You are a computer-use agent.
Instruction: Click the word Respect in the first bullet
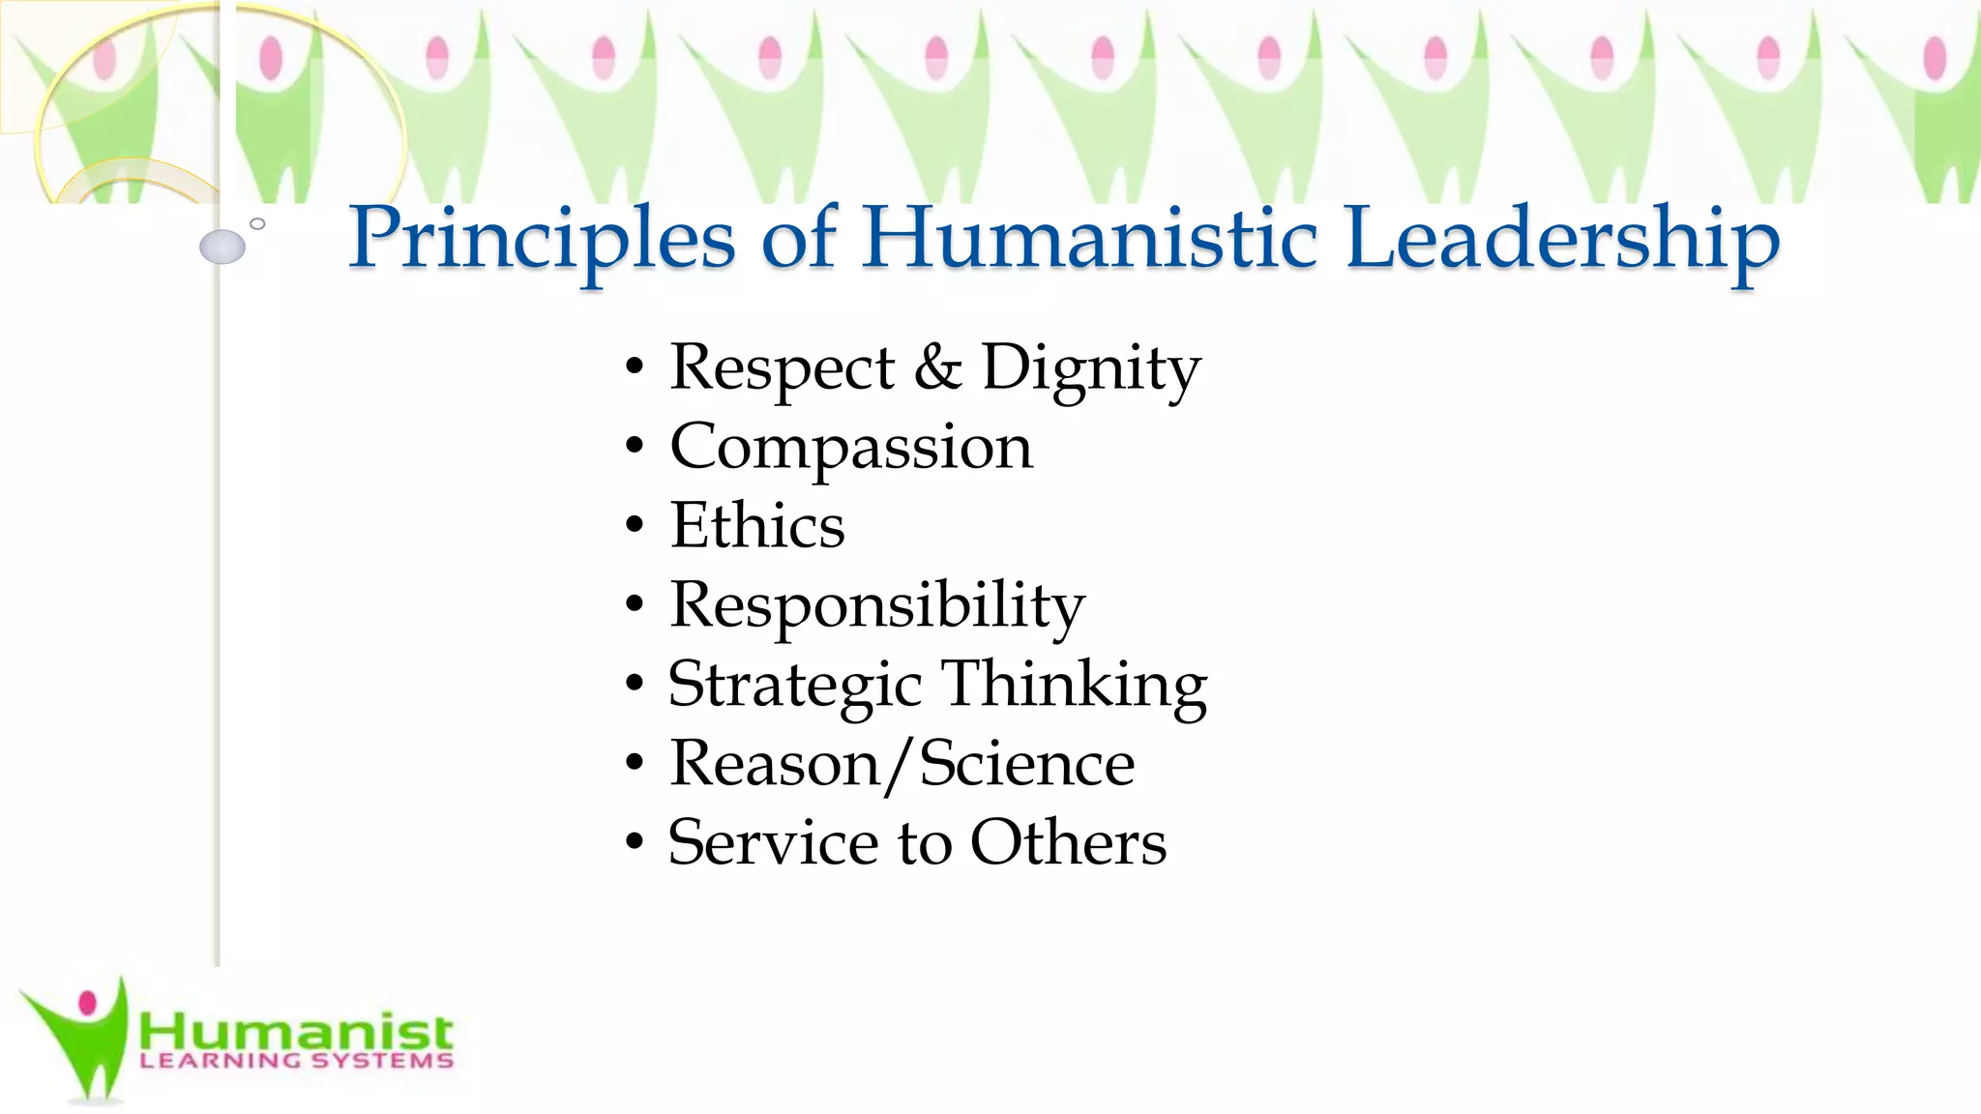point(782,368)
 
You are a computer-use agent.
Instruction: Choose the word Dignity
point(1091,368)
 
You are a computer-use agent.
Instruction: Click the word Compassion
point(851,447)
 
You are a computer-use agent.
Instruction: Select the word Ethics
point(757,526)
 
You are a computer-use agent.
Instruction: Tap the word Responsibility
point(877,605)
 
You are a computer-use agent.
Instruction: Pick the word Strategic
point(794,685)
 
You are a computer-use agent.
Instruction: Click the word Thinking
point(1074,685)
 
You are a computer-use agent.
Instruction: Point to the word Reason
point(774,764)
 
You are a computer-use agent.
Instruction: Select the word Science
point(1026,764)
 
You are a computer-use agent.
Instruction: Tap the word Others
point(1068,842)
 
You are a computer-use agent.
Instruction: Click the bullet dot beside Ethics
point(635,527)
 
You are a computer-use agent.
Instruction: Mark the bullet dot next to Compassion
point(635,448)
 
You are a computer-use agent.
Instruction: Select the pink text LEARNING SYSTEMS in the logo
point(296,1061)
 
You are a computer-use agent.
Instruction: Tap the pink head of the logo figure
point(88,1003)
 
